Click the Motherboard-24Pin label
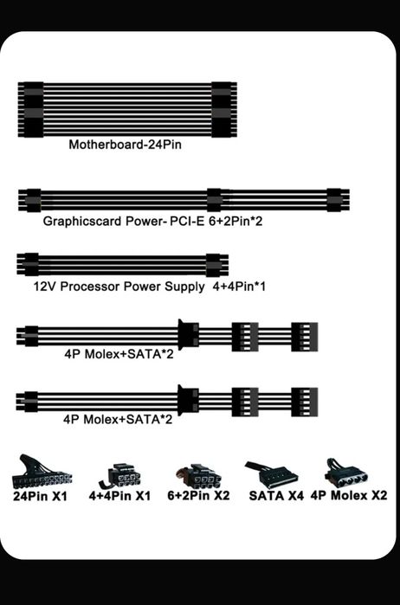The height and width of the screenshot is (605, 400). [125, 145]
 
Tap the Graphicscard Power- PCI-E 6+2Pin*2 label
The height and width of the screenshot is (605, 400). [152, 221]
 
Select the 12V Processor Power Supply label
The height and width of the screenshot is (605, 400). [119, 286]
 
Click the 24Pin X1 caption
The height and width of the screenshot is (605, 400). [40, 496]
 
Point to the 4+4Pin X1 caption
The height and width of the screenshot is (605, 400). [119, 496]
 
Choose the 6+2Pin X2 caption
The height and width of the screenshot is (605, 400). [198, 495]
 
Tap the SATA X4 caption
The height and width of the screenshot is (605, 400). [276, 495]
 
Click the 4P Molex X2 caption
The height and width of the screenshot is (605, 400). [349, 495]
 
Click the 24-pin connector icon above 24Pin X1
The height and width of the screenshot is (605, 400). [42, 472]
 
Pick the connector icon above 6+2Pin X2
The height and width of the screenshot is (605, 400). [199, 477]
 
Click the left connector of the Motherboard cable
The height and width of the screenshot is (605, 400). [31, 110]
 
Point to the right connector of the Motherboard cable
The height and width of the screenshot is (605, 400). [224, 110]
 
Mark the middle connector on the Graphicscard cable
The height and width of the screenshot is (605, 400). [215, 200]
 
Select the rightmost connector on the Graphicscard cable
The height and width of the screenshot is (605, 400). [339, 200]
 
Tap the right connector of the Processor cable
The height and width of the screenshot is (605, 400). [217, 265]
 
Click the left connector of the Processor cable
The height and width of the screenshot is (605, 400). [28, 265]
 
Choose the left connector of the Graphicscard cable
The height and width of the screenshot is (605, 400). [29, 200]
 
